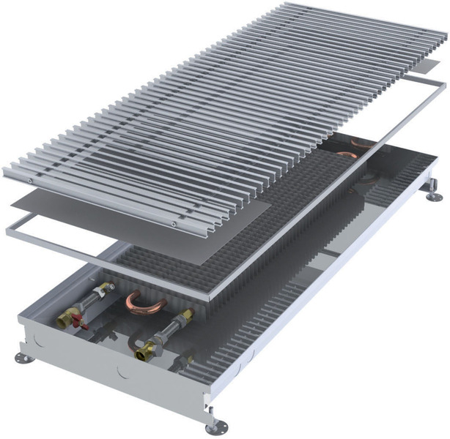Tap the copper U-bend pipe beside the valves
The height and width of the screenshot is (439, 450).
pos(146,301)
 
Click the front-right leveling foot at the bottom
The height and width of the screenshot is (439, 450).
pos(216,426)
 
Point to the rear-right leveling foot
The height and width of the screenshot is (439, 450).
pos(434,195)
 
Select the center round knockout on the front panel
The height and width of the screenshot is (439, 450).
pos(122,372)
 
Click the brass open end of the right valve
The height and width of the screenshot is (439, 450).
pos(144,353)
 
